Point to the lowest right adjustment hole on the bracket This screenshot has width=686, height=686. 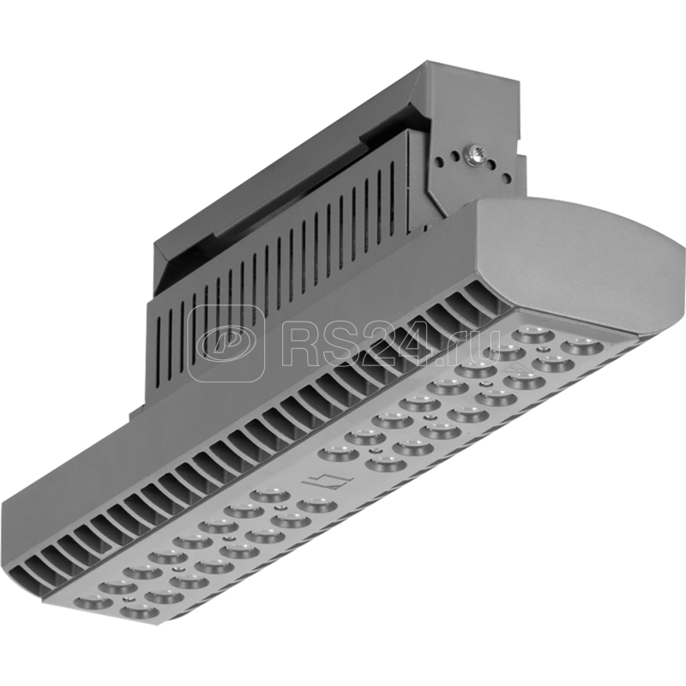(507, 178)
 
